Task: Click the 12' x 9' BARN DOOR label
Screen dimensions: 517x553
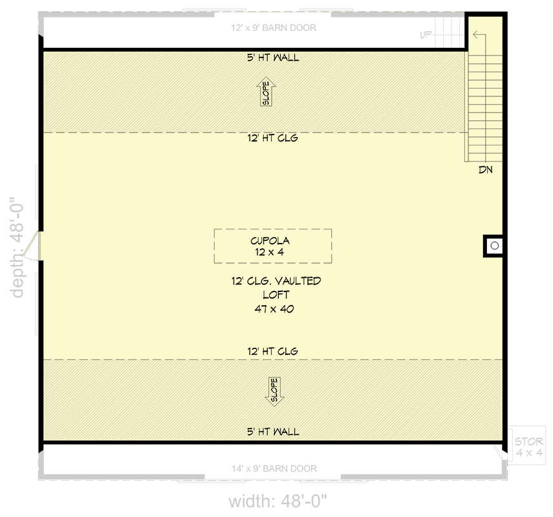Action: pos(274,28)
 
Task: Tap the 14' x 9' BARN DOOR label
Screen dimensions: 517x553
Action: pos(274,469)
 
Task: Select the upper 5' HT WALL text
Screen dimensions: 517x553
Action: pos(272,58)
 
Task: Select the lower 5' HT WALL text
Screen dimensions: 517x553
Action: pos(272,432)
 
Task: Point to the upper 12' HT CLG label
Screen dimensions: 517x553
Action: pos(272,138)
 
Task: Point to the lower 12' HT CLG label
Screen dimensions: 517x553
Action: pos(272,351)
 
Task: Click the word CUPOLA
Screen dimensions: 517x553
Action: pos(272,240)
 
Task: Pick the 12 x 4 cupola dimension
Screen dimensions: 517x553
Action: pos(272,252)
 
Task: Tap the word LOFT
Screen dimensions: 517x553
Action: pos(272,295)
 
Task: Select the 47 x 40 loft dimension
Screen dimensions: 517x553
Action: pos(272,309)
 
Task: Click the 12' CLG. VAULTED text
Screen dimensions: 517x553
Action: pos(276,281)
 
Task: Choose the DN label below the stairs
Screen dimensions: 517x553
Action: pos(485,171)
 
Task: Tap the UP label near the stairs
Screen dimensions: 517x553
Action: pos(426,35)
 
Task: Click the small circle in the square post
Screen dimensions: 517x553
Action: pos(494,246)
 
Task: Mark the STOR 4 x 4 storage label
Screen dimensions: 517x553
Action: pos(528,447)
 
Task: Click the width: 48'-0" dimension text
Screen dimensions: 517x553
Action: pos(278,501)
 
